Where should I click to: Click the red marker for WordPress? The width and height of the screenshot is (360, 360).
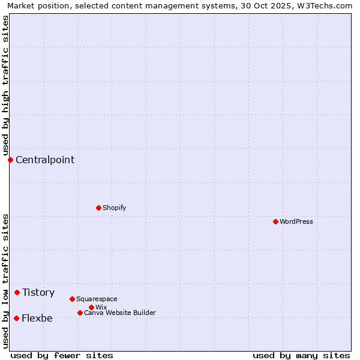275,221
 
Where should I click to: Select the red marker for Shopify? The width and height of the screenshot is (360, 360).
98,208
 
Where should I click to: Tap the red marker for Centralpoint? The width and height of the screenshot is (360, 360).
10,160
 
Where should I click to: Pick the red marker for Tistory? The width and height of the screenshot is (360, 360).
17,292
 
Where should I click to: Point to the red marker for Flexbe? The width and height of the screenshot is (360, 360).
16,318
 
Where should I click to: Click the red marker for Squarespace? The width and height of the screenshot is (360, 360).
72,299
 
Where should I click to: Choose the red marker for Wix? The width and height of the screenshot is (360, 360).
91,307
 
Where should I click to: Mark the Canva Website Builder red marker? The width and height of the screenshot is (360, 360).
80,313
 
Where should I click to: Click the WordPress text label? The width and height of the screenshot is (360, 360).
296,221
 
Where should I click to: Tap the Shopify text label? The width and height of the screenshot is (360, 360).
115,208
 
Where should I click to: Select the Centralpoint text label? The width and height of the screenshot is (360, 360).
45,160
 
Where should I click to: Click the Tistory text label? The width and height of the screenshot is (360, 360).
38,292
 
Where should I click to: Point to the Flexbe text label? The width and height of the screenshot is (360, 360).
37,318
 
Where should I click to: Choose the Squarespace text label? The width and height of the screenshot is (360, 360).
97,299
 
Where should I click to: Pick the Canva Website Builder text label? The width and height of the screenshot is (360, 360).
120,313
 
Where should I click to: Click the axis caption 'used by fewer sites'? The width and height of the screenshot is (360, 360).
62,355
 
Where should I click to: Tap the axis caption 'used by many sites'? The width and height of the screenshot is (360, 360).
301,355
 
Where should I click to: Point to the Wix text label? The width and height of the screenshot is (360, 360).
101,307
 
